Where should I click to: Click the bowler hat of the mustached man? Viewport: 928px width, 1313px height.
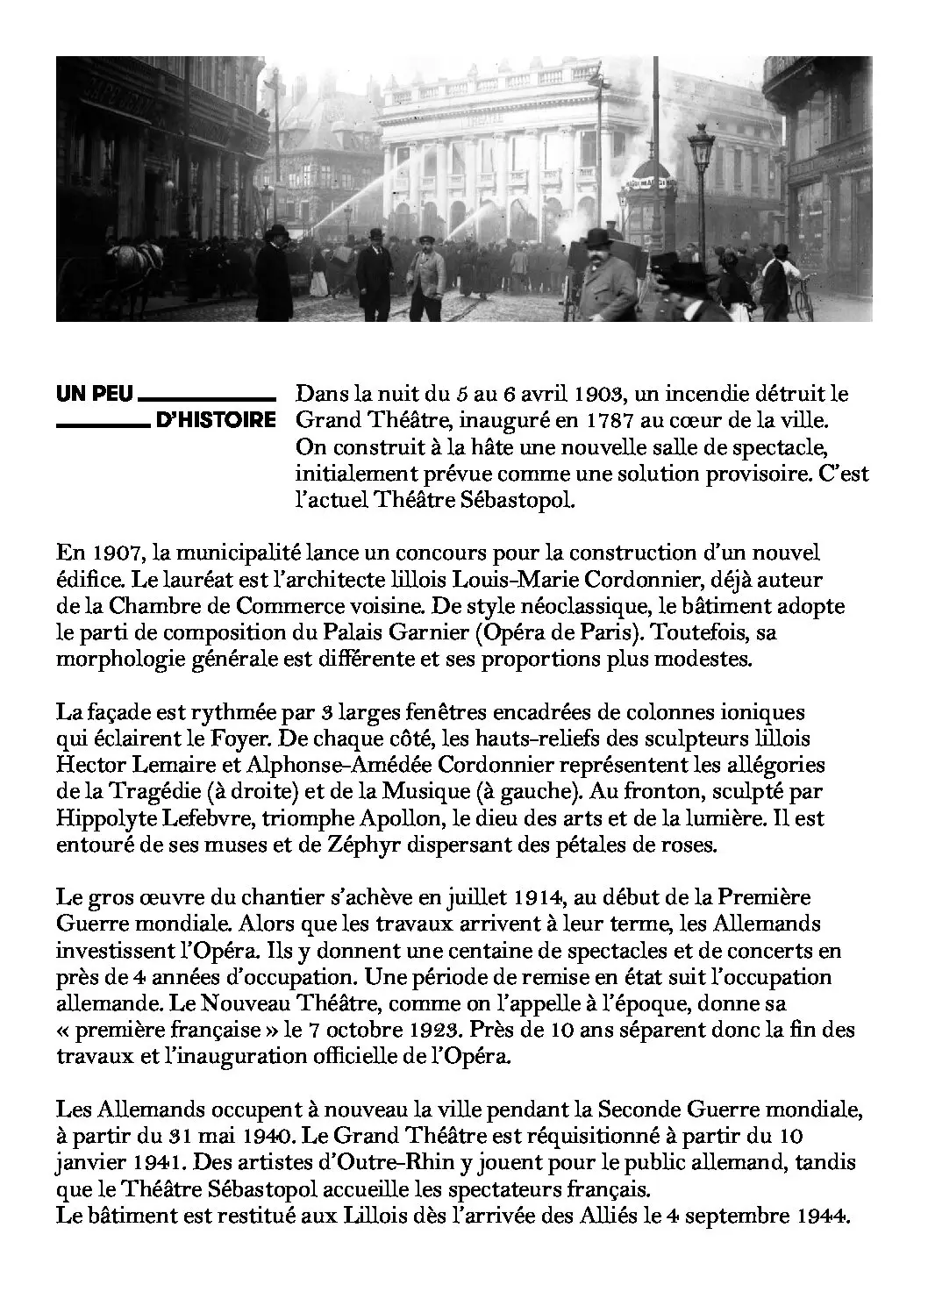[x=600, y=238]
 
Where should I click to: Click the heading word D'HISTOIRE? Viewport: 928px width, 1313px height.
[x=215, y=420]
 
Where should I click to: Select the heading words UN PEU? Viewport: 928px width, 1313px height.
[x=95, y=395]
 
